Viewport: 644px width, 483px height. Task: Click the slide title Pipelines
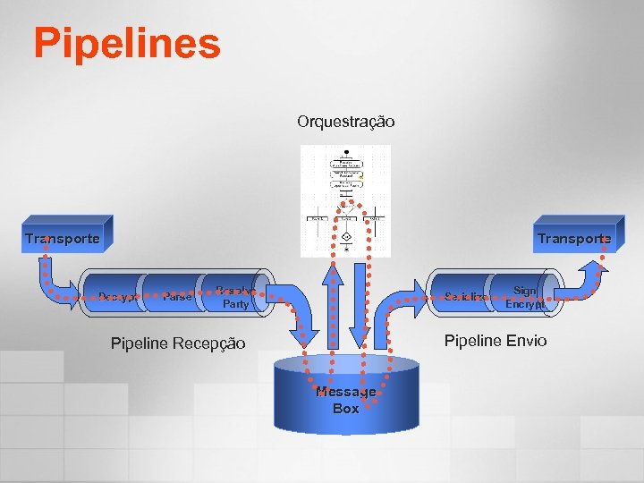[x=127, y=43]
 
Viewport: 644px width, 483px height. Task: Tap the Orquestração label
[x=345, y=121]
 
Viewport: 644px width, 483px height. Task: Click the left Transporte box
[x=63, y=238]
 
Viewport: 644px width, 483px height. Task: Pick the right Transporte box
[x=574, y=238]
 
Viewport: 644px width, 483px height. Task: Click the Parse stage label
[x=177, y=297]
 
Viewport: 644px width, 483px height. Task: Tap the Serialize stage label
[x=466, y=296]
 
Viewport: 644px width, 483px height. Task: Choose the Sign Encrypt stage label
[x=524, y=297]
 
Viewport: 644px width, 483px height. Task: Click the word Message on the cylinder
[x=346, y=393]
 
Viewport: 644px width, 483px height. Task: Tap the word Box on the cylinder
[x=346, y=409]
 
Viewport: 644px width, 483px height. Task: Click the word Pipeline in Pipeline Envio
[x=473, y=341]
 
